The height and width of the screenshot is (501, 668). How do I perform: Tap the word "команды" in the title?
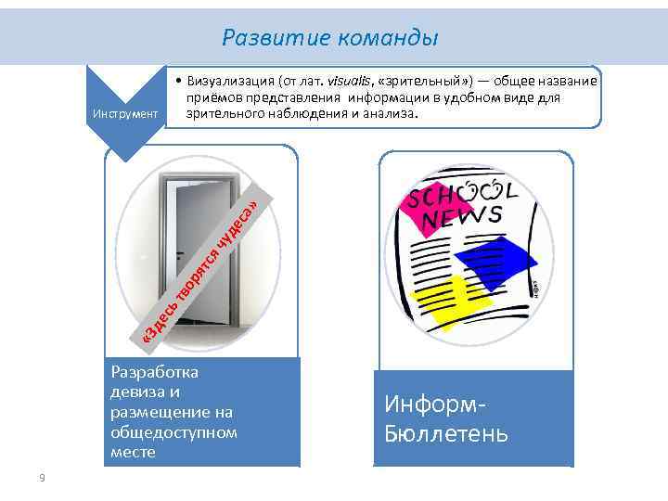tap(389, 38)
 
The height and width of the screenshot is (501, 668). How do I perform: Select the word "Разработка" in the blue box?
tap(154, 371)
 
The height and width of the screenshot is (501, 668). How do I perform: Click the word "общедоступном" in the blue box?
tap(173, 432)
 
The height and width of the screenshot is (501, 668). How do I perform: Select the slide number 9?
tap(42, 478)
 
